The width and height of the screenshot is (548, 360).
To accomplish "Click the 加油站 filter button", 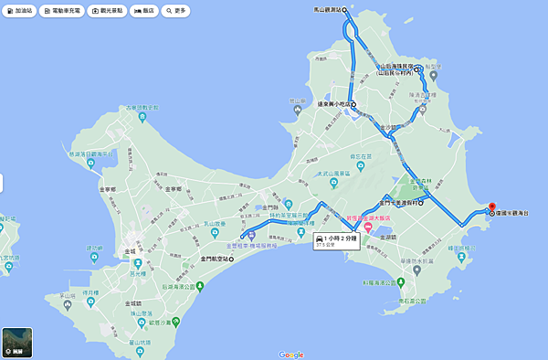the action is click(20, 11).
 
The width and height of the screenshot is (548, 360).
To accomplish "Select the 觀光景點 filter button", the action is click(110, 11).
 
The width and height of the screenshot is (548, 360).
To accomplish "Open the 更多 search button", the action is click(175, 11).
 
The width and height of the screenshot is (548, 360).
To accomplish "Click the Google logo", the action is click(290, 354).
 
